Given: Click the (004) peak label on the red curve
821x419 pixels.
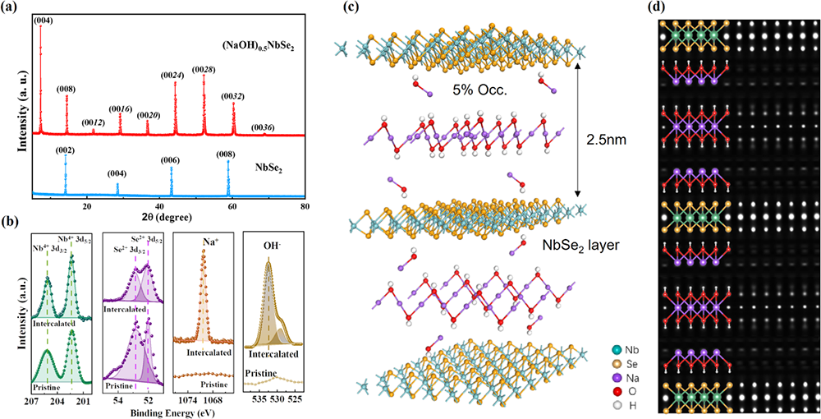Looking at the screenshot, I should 44,21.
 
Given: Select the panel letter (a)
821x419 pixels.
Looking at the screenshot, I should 11,7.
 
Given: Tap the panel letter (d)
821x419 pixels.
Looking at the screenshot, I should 664,8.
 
